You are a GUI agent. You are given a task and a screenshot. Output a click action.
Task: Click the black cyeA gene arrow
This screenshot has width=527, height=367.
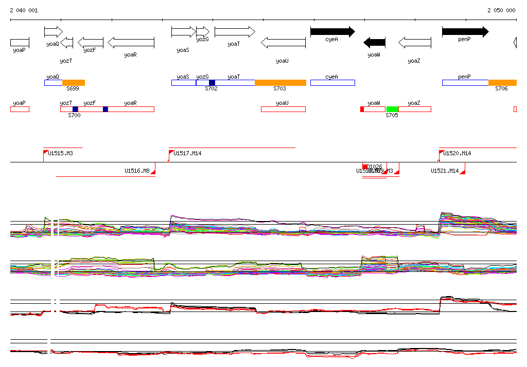click(332, 32)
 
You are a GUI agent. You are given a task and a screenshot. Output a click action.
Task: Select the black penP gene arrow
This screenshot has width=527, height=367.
click(465, 32)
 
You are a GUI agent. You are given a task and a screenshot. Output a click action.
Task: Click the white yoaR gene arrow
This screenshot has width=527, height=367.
click(131, 42)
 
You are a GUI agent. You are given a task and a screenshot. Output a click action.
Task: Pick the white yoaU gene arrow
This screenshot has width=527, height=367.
click(283, 42)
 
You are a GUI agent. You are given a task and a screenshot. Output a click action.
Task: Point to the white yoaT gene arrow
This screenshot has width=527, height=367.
click(235, 32)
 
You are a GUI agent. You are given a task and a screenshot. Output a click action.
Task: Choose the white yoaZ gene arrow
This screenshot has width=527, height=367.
click(415, 42)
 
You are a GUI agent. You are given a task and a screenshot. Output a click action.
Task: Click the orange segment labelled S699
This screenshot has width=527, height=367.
click(74, 83)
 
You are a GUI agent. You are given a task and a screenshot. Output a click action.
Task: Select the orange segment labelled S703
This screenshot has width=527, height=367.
click(280, 83)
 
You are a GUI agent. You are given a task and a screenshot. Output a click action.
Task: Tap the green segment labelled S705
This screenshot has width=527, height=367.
click(392, 109)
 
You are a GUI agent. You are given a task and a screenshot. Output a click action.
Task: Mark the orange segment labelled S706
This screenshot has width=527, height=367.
click(502, 83)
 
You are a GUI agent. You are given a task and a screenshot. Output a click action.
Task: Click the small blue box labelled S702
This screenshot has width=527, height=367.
click(212, 83)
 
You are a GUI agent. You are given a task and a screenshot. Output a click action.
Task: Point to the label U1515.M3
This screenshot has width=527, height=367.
click(60, 153)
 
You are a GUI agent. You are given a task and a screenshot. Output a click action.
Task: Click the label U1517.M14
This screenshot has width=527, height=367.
click(187, 153)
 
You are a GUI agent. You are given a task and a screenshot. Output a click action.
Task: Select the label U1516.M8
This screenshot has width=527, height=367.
click(137, 171)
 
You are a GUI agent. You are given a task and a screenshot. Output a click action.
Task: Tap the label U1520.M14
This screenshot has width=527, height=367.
click(457, 153)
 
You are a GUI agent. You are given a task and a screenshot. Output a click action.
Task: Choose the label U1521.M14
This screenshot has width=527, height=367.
click(445, 171)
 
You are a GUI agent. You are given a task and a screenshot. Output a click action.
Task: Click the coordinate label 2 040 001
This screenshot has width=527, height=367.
click(24, 10)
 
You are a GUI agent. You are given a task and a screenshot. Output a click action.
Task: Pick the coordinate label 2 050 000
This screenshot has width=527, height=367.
click(501, 10)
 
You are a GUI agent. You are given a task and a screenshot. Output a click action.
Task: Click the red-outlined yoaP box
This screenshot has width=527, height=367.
click(20, 109)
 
